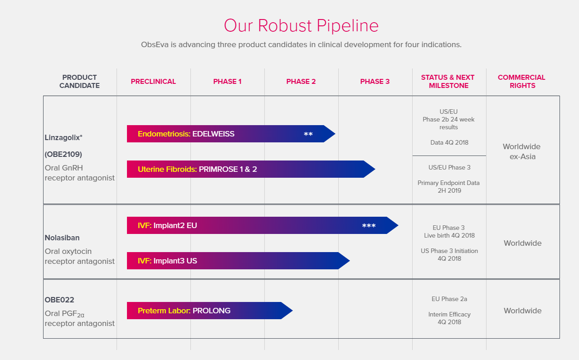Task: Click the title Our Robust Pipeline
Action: click(301, 25)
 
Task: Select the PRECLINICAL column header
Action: click(153, 82)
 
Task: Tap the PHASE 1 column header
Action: click(227, 82)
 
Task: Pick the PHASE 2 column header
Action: click(301, 82)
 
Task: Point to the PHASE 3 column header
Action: click(375, 82)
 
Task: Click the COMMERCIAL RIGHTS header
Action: click(521, 82)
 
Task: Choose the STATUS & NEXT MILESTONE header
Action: click(448, 82)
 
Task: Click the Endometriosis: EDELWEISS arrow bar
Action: click(231, 134)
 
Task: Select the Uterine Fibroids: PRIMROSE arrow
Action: click(251, 169)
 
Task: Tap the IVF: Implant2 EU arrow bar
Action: click(263, 225)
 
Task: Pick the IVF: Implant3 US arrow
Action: click(238, 261)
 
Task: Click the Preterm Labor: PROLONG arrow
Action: click(209, 311)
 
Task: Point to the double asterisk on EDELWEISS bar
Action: click(308, 134)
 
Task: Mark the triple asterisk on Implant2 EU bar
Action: click(369, 226)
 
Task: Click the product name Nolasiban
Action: click(62, 238)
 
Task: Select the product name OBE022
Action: click(59, 300)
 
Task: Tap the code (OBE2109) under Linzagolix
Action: click(63, 154)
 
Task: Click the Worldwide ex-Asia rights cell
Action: click(522, 151)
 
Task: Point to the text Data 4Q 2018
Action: click(449, 142)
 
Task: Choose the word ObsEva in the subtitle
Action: click(155, 44)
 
